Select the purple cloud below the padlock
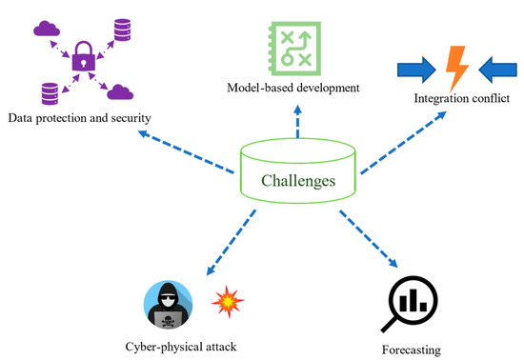click(x=118, y=92)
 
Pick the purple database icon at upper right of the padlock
click(x=121, y=29)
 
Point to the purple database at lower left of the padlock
click(x=50, y=92)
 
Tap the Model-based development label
click(x=293, y=88)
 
